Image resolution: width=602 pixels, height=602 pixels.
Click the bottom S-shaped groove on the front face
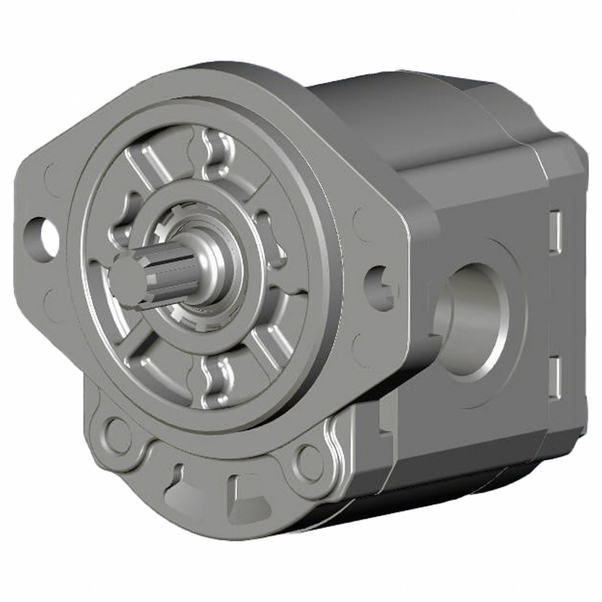tap(215, 377)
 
